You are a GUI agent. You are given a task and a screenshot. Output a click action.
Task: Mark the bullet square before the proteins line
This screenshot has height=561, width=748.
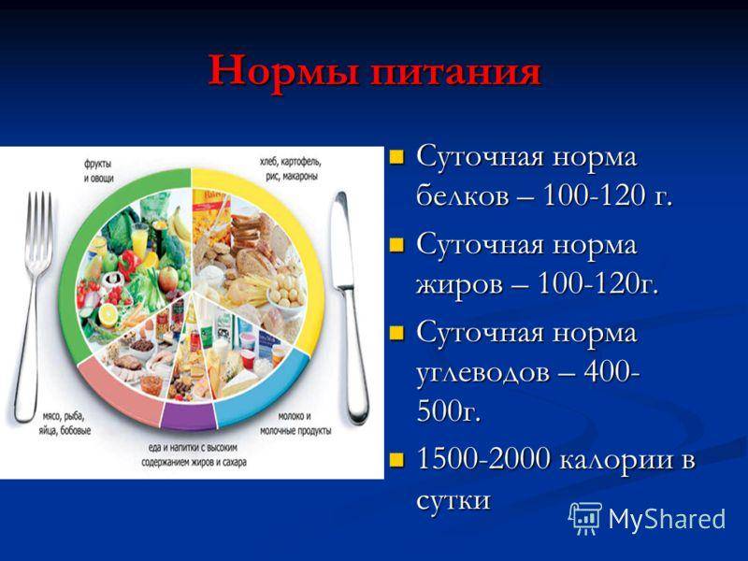tap(398, 155)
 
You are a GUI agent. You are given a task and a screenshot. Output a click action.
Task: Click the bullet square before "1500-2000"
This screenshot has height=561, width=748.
tap(398, 459)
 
